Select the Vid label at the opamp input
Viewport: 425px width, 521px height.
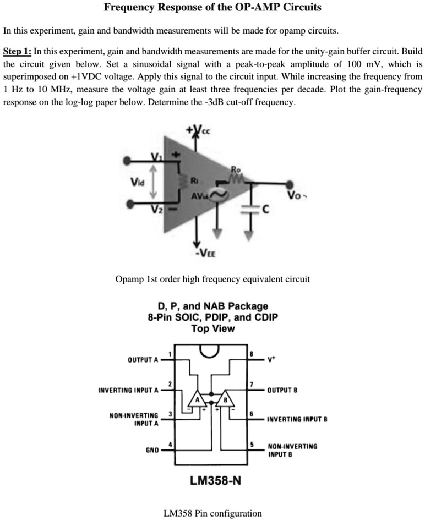pos(139,182)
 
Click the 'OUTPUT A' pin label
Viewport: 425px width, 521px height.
pos(143,360)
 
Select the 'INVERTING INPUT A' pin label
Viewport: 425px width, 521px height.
pos(128,390)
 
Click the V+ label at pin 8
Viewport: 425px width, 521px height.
pos(271,360)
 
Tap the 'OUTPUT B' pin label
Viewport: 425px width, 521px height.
pos(282,390)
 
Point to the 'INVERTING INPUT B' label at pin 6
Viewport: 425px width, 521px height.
pos(297,419)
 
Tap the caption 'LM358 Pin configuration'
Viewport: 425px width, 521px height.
pos(212,513)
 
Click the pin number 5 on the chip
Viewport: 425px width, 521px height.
pos(252,443)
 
